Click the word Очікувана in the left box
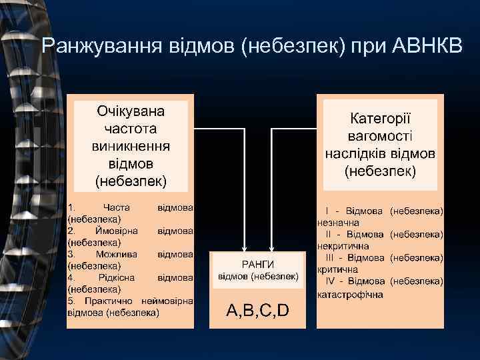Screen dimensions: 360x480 [131, 111]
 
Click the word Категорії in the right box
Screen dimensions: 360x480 [381, 119]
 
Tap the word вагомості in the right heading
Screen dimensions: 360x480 [381, 136]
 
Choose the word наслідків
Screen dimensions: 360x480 [358, 153]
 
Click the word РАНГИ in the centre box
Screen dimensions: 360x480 [258, 264]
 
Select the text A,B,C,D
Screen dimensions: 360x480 [257, 310]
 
